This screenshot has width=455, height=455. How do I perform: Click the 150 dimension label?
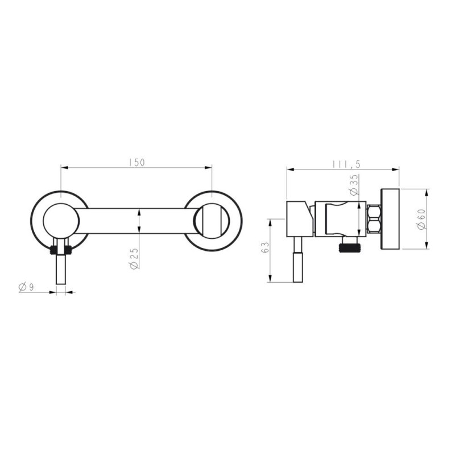tap(136, 163)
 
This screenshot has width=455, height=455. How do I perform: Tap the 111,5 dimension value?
tap(346, 164)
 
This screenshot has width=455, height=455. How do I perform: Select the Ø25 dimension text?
tap(134, 258)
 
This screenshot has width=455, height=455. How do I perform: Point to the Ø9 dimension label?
tap(26, 287)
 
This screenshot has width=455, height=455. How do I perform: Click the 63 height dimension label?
tap(265, 247)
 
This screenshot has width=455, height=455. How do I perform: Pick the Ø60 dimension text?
tap(421, 220)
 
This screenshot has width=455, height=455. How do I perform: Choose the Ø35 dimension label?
tap(354, 184)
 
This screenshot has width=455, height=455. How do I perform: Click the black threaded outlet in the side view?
tap(348, 247)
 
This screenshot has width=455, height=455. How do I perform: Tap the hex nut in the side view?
tap(374, 219)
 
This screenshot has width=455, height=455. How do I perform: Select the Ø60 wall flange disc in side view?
tap(390, 219)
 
